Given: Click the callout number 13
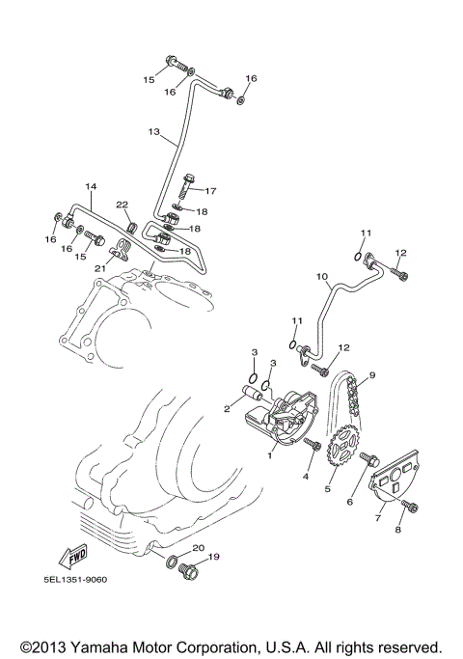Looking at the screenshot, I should [x=154, y=130].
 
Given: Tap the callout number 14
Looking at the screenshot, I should [x=93, y=186].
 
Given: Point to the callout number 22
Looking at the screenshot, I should [x=123, y=204].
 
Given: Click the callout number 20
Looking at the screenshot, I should [x=199, y=547].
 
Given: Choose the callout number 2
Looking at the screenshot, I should [x=227, y=409].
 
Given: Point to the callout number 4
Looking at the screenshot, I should [x=308, y=476].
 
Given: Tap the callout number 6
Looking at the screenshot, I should [x=351, y=502].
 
